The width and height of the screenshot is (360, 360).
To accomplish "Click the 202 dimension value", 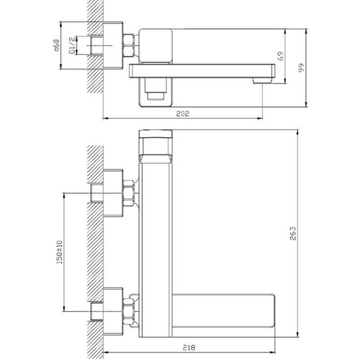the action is pos(183,114).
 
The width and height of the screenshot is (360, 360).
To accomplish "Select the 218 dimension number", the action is pos(189,347).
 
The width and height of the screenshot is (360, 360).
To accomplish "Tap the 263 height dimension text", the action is pos(292,233).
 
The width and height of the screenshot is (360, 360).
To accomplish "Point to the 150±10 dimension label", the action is pos(59,252).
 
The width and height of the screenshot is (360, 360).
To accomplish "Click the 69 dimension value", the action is pos(280,56).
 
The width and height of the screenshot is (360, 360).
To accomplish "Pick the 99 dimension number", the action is pos(301,68).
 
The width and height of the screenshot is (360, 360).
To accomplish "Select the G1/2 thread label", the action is pos(72,45).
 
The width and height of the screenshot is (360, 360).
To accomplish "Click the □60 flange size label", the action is pos(56,45).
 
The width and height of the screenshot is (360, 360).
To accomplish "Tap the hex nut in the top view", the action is pos(128,45).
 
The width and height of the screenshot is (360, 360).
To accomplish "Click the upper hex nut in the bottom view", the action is pos(128,193).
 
